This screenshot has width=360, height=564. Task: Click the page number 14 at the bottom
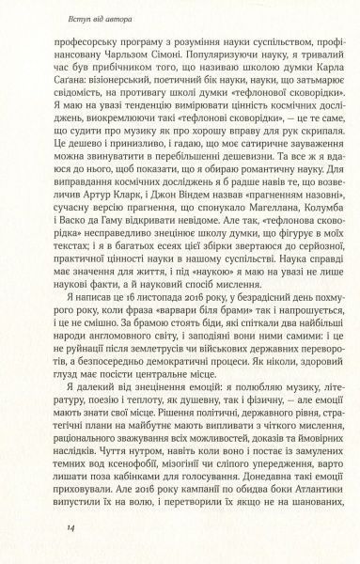44,531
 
